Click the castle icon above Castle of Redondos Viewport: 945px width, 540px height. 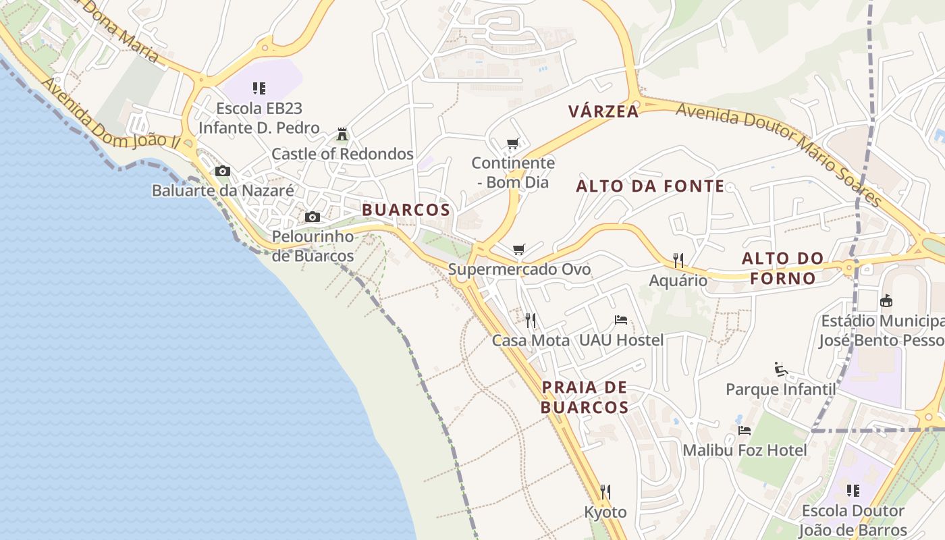[x=342, y=134]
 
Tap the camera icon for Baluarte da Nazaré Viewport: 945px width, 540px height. [x=223, y=171]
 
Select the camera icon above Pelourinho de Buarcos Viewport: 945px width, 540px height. [x=313, y=217]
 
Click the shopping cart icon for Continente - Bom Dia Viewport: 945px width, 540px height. [x=513, y=143]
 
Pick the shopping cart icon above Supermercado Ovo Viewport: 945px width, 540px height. [x=518, y=250]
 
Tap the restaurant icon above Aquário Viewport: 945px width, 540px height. [x=678, y=260]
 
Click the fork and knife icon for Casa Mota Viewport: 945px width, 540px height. [x=531, y=320]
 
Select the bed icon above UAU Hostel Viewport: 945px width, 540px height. [x=621, y=320]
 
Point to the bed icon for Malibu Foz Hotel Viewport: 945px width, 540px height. [x=745, y=430]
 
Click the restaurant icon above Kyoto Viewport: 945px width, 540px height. [x=605, y=491]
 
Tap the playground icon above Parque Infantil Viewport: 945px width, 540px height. [x=781, y=369]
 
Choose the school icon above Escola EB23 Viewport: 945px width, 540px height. [x=259, y=88]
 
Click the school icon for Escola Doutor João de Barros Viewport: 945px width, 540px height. [x=853, y=491]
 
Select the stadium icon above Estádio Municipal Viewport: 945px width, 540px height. [x=886, y=300]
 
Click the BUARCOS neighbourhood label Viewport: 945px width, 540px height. [x=406, y=210]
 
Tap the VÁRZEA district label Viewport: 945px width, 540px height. [x=603, y=111]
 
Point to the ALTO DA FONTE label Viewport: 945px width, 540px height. [x=650, y=186]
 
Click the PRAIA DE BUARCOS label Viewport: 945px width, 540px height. [x=585, y=398]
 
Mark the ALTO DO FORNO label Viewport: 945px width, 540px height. [x=783, y=268]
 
